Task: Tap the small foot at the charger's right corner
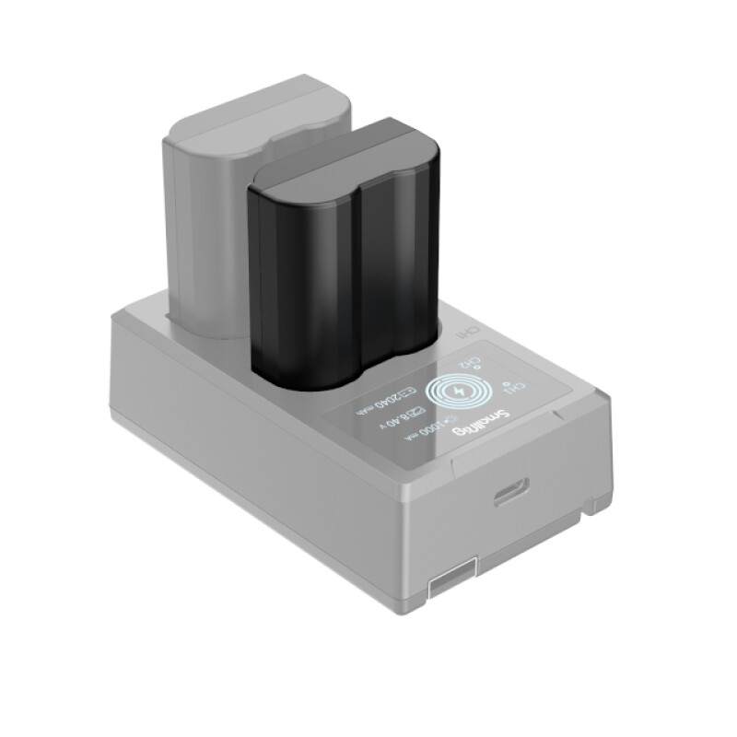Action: pyautogui.click(x=599, y=505)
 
